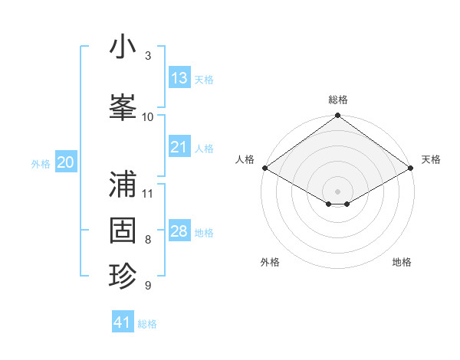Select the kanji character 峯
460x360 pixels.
tap(123, 106)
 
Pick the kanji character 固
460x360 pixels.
tap(123, 230)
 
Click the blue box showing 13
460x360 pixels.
tap(179, 78)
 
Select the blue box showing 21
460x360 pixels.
tap(179, 147)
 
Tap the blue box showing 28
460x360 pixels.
tap(179, 231)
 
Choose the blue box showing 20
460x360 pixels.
tap(66, 162)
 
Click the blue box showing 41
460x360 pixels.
tap(123, 322)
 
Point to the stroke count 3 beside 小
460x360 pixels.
tap(148, 56)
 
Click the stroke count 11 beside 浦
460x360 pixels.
tap(148, 193)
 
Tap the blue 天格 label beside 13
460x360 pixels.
tap(203, 79)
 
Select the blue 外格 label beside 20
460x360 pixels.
tap(41, 163)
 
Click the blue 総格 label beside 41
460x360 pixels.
tap(147, 323)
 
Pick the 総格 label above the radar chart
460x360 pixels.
tap(337, 100)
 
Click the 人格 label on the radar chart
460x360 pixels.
tap(245, 159)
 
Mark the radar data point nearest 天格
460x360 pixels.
tap(412, 168)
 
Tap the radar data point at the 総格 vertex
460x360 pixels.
tap(337, 116)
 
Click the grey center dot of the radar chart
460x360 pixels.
tap(337, 191)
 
